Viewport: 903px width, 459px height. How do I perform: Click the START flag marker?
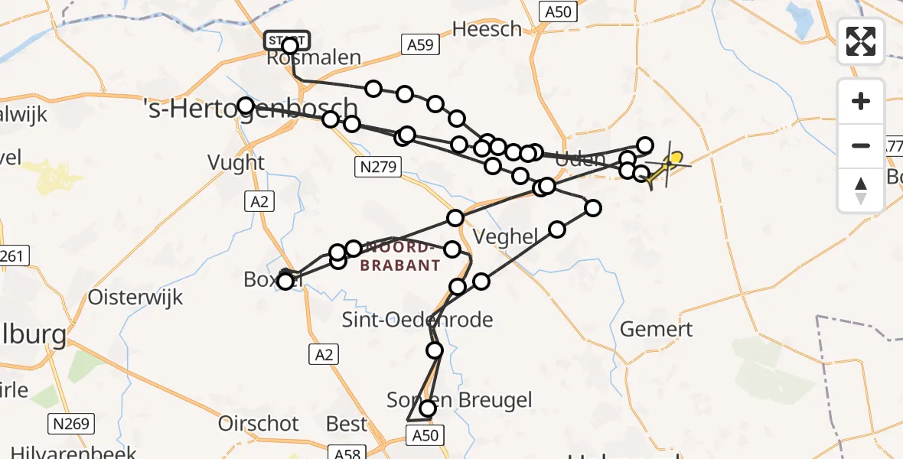coord(287,40)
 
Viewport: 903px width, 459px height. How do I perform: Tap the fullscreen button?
coord(861,41)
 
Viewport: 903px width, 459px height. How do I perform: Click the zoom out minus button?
coord(861,145)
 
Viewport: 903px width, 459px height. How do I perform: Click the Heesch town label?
coord(487,29)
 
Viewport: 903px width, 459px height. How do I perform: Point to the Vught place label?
coord(236,162)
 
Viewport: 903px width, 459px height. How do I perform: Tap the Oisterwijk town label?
coord(136,297)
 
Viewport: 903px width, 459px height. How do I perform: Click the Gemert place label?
coord(656,330)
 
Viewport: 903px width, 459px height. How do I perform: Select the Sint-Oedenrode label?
coord(417,320)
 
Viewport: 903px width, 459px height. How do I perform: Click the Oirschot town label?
coord(258,423)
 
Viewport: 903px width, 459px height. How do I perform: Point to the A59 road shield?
coord(420,45)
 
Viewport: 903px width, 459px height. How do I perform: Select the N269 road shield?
coord(72,422)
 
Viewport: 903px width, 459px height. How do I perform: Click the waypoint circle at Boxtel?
coord(285,282)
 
